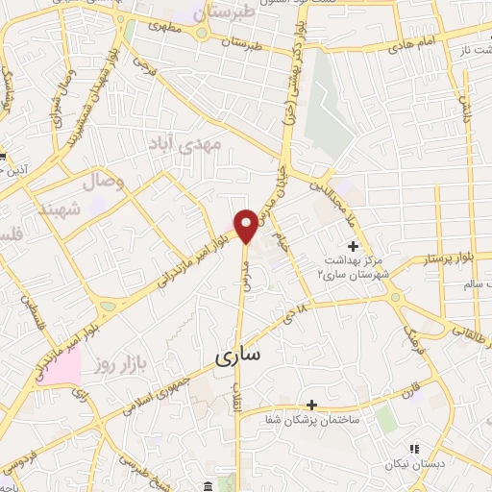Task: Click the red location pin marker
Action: tap(246, 227)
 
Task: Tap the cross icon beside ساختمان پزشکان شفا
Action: tap(311, 405)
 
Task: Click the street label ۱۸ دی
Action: tap(299, 315)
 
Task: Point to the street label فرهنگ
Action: tap(409, 336)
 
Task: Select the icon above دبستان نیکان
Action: tap(414, 448)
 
